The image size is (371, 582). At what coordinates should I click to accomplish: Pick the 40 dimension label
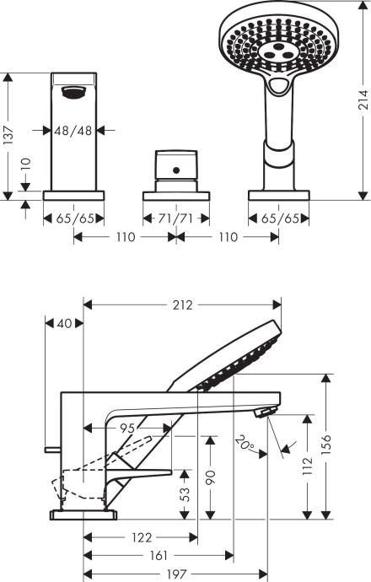click(x=65, y=323)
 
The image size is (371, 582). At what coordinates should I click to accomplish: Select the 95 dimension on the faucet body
click(x=128, y=428)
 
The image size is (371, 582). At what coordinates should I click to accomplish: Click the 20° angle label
click(x=245, y=443)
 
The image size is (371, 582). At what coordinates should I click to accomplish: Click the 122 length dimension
click(x=142, y=536)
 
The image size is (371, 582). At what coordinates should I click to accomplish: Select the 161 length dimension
click(x=159, y=555)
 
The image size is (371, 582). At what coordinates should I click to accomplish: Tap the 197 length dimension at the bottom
click(x=175, y=574)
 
